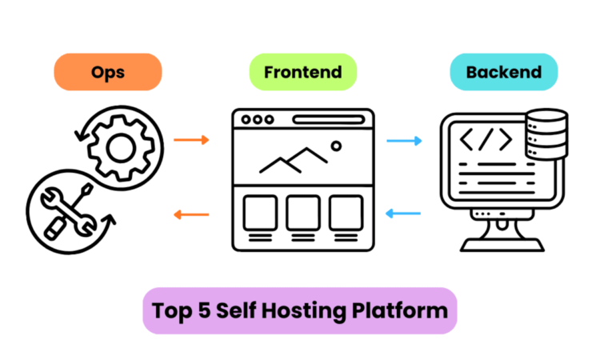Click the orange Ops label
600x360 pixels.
tap(107, 72)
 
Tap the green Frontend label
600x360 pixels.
tap(302, 72)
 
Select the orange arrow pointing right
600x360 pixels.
tap(191, 140)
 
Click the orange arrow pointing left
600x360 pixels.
tap(191, 214)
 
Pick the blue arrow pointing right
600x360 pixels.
tap(404, 141)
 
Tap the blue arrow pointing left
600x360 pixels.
tap(404, 214)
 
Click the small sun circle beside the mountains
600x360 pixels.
tap(337, 146)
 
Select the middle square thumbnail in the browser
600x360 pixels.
tap(302, 212)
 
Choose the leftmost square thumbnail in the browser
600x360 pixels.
tap(259, 212)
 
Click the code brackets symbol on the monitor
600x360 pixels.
tap(485, 140)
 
